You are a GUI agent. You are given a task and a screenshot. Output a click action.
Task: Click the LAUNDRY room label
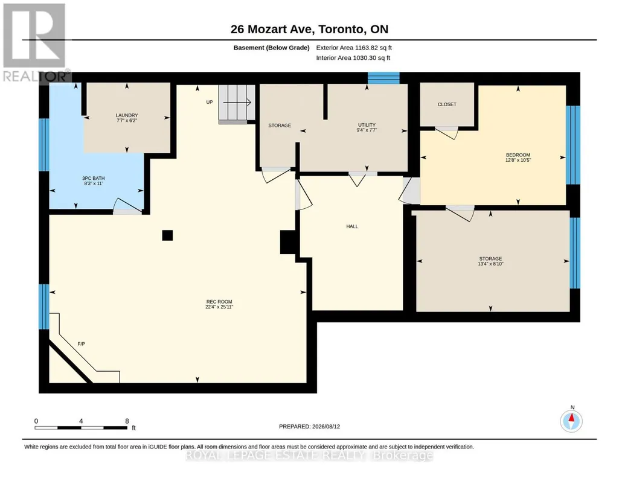click(x=127, y=115)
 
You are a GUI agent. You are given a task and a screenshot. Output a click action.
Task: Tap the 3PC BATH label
click(x=94, y=178)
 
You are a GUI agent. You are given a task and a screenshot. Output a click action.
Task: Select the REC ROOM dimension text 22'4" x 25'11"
click(x=219, y=307)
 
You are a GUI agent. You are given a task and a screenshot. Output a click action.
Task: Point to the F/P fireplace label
click(x=82, y=344)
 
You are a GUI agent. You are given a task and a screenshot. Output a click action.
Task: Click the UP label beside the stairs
click(x=209, y=102)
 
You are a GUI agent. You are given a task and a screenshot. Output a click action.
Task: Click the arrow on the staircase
click(x=237, y=103)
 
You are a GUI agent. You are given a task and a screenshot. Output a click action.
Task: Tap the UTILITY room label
click(x=367, y=124)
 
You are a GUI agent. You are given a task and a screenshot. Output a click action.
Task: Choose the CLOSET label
click(x=447, y=104)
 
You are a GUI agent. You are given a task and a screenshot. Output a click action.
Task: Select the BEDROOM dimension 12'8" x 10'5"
click(x=518, y=160)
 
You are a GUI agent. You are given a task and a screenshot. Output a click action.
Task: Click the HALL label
click(x=352, y=226)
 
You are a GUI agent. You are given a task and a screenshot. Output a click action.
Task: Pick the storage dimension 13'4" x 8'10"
click(x=490, y=264)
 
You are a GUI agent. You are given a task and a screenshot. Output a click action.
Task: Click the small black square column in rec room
click(x=167, y=235)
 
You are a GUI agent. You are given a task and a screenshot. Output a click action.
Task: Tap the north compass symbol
click(x=571, y=421)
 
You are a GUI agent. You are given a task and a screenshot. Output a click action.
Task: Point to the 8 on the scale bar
click(x=127, y=421)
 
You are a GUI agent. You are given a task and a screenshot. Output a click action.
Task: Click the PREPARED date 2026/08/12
click(x=326, y=426)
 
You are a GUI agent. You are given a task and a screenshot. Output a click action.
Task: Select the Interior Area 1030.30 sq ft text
click(x=353, y=57)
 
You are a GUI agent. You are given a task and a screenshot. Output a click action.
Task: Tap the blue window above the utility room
click(x=383, y=78)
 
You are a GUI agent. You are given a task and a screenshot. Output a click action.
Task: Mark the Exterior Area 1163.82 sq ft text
click(x=354, y=48)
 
